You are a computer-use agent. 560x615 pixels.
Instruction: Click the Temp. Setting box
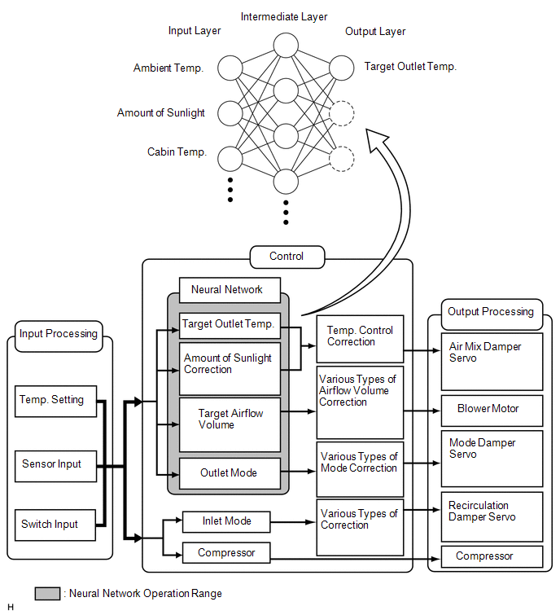tap(55, 401)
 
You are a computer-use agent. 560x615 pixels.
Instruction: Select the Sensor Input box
tap(55, 466)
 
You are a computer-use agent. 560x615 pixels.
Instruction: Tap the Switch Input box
tap(55, 525)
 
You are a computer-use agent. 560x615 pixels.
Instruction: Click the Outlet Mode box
tap(230, 473)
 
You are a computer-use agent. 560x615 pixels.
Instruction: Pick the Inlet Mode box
tap(226, 521)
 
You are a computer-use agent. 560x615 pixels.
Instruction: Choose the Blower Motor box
tap(492, 411)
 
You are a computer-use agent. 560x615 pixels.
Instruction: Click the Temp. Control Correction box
tap(360, 339)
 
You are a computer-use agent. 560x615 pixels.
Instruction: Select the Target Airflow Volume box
tap(230, 424)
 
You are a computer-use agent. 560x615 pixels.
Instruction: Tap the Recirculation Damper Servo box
tap(492, 516)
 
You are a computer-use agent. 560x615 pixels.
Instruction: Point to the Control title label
tap(287, 257)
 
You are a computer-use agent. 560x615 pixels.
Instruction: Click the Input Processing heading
tap(59, 336)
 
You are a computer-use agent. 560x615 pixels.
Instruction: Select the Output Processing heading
tap(492, 314)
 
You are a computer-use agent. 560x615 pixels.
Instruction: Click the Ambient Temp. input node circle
tap(230, 68)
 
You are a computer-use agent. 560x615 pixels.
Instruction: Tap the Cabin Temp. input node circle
tap(230, 159)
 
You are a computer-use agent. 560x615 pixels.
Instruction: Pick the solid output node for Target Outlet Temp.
tap(342, 68)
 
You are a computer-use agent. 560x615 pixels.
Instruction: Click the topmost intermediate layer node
tap(286, 45)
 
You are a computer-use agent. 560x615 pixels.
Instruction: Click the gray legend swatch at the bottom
tap(47, 594)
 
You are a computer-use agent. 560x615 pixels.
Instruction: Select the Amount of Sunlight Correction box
tap(230, 369)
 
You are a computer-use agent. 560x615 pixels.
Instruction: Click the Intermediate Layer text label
tap(284, 17)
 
